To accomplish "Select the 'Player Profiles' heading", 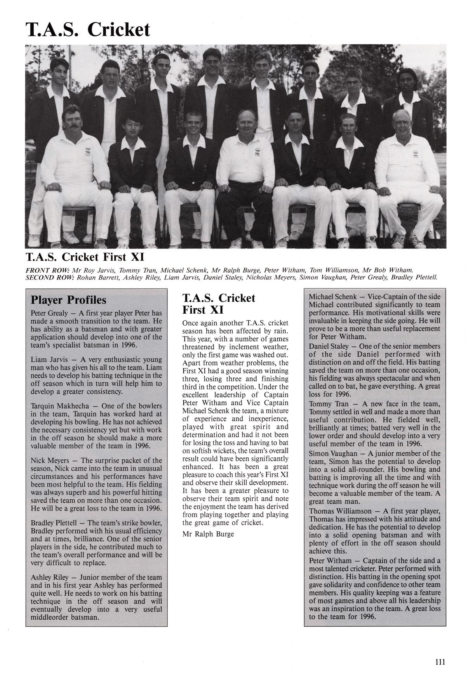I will click(x=68, y=300).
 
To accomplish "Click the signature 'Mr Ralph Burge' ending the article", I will click(x=208, y=534).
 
